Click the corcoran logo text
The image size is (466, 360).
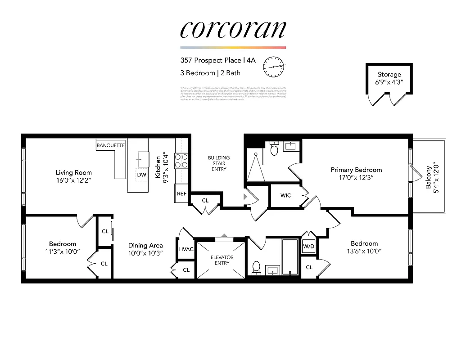coord(233,30)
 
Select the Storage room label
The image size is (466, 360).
coord(389,74)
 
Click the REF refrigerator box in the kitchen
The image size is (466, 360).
coord(181,193)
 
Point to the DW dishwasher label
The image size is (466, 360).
coord(141,175)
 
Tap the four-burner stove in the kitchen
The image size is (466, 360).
coord(181,161)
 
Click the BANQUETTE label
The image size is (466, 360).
coord(111,145)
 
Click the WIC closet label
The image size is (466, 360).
coord(285,196)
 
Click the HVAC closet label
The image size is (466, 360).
coord(186,249)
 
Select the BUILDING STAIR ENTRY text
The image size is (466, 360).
coord(219,163)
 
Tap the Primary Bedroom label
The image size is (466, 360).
coord(356,170)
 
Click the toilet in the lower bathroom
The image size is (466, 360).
coord(257,267)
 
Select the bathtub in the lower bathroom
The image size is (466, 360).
coord(290,257)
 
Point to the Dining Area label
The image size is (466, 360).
coord(145,245)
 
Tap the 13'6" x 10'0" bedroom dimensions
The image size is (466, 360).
coord(364,252)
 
